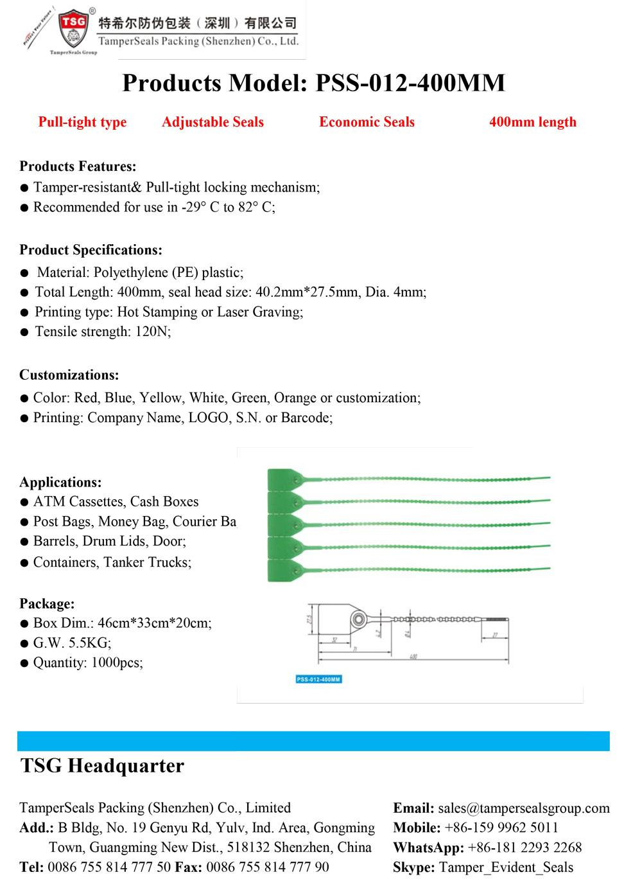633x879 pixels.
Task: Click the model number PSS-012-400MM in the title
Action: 410,83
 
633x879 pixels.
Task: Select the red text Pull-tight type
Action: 82,122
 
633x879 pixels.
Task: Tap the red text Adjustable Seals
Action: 212,122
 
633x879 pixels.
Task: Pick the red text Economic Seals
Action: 367,122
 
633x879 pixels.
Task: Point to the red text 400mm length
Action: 532,122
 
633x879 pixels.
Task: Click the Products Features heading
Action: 78,166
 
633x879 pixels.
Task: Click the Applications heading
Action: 60,483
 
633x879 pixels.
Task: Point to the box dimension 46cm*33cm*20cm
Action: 154,623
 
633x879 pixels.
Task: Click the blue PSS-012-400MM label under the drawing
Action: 318,679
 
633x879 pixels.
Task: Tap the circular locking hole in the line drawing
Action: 358,619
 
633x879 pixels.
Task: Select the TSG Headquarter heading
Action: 102,766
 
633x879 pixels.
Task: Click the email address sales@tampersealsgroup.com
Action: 524,808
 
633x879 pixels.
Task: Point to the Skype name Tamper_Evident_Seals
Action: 506,867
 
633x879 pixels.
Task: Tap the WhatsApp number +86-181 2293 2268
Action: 525,848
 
